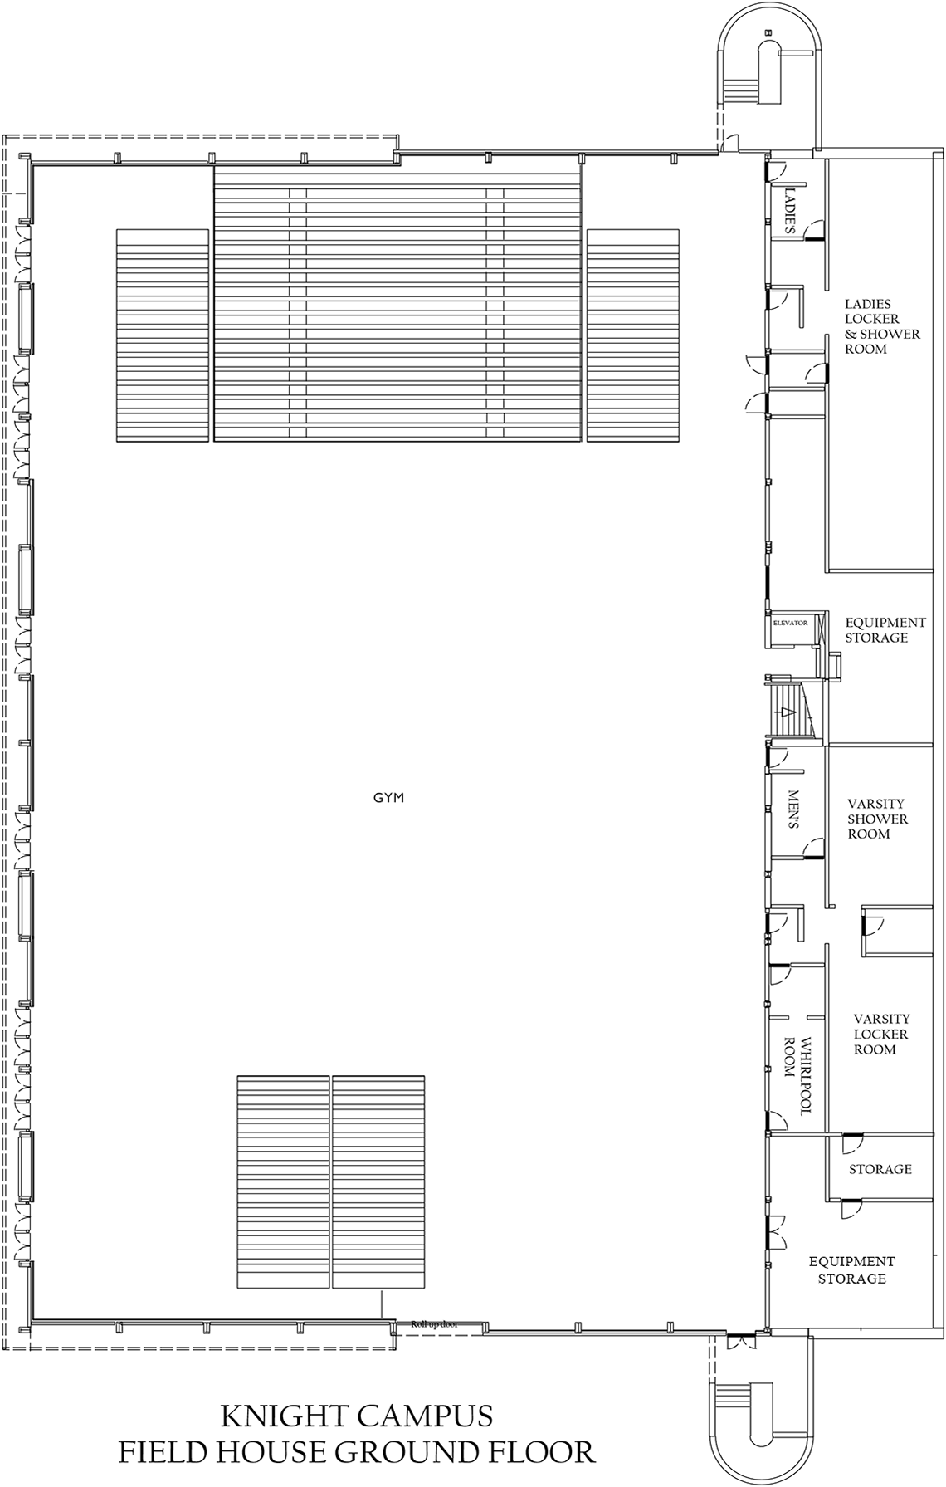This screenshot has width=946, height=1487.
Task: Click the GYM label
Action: (388, 798)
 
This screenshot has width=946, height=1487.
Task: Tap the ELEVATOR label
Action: (790, 623)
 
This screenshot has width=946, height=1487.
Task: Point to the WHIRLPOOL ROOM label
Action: (797, 1075)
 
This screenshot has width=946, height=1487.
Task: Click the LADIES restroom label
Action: (789, 211)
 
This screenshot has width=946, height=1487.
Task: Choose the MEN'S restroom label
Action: (792, 810)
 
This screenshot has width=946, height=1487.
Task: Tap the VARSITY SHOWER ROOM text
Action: (877, 819)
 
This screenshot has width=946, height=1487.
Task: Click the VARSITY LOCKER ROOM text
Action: (881, 1034)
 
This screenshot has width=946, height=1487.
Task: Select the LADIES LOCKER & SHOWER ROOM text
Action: (882, 326)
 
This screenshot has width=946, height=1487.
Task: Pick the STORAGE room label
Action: (880, 1169)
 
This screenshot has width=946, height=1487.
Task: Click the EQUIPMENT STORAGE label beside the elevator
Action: (885, 630)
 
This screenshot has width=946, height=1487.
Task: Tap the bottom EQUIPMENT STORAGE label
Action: (851, 1270)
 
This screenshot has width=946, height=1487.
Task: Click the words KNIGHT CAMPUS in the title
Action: (357, 1415)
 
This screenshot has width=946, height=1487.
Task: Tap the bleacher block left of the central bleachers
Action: (162, 335)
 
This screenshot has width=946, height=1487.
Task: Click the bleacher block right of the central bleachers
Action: (633, 335)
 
